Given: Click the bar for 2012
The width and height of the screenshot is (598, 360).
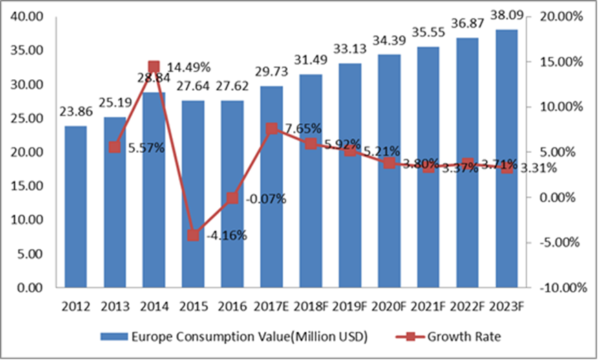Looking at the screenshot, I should [76, 207].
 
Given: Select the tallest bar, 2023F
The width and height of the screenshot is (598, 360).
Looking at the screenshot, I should [506, 158].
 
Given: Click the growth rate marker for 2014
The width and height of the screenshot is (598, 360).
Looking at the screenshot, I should [154, 67].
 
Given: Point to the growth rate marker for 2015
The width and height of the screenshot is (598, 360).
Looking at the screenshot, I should [193, 235].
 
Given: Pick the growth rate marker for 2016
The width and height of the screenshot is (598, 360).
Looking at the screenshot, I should [233, 198].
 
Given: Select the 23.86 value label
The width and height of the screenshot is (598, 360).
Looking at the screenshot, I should [77, 113].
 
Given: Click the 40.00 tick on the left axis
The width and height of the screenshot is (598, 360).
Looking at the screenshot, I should [30, 17].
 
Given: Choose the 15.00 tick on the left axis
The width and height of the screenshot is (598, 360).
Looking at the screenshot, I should [30, 186].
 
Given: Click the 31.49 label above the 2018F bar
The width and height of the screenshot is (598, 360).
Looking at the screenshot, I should [311, 61].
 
